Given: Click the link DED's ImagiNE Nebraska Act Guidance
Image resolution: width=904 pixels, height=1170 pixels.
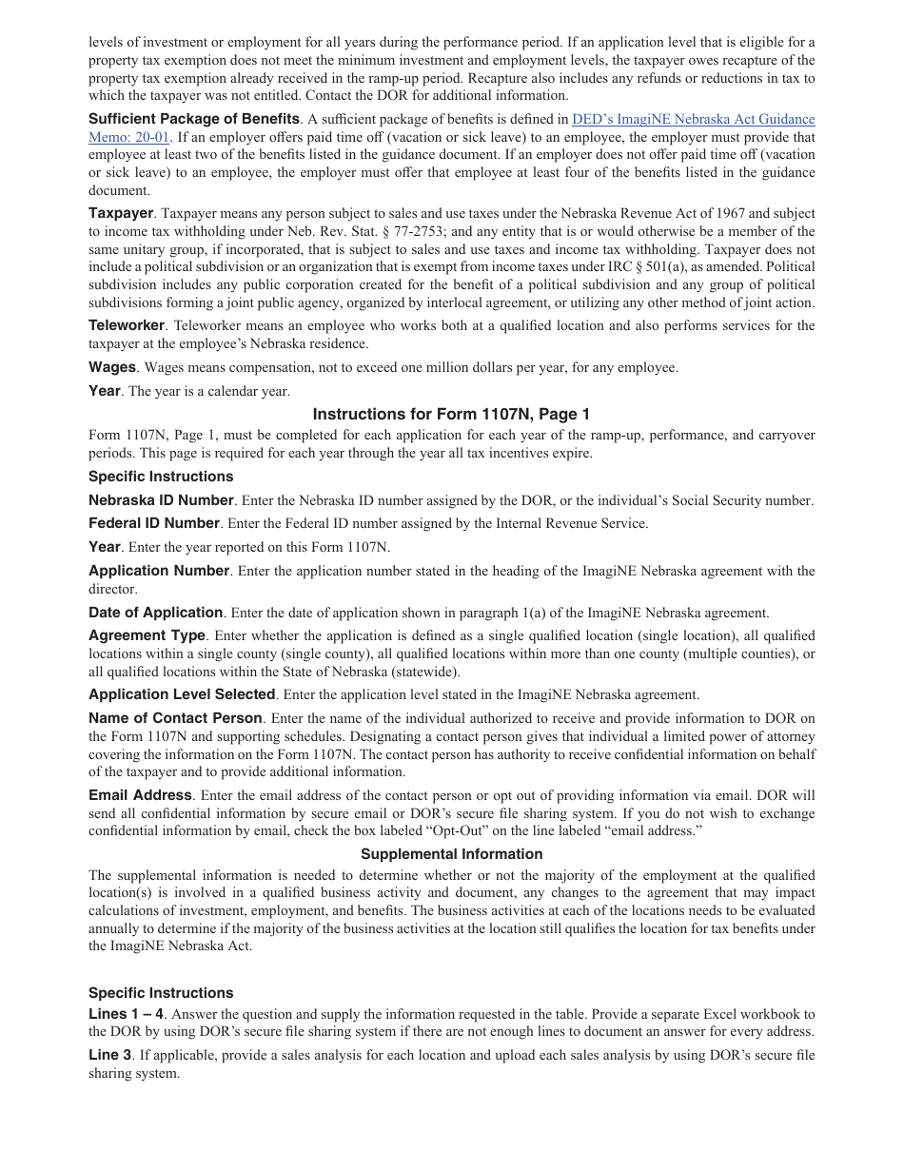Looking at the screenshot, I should pyautogui.click(x=693, y=120).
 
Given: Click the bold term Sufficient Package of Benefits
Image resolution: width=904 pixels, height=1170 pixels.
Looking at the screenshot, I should pyautogui.click(x=194, y=119).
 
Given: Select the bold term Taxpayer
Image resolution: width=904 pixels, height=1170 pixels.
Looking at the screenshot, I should pyautogui.click(x=121, y=213).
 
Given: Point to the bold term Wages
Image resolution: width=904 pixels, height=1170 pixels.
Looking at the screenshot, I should pyautogui.click(x=112, y=367).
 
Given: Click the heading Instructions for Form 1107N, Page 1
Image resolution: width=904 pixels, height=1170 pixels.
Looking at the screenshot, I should pyautogui.click(x=451, y=414).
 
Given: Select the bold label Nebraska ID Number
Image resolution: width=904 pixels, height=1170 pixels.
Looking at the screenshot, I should pyautogui.click(x=161, y=500).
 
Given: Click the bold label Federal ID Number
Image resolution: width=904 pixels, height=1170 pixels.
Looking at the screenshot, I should pyautogui.click(x=154, y=523).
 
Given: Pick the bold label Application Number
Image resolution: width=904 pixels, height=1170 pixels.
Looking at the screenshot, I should pyautogui.click(x=159, y=571).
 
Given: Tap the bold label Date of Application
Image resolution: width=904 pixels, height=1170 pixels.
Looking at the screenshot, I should pyautogui.click(x=156, y=613).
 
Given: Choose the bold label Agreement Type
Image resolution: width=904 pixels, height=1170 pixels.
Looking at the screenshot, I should pyautogui.click(x=147, y=635).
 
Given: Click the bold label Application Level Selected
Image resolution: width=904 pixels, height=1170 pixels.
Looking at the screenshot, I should pyautogui.click(x=182, y=694).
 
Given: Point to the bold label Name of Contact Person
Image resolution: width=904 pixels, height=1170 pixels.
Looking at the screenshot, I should pyautogui.click(x=175, y=718).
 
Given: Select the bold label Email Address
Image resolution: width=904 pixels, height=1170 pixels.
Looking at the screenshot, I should pyautogui.click(x=140, y=795).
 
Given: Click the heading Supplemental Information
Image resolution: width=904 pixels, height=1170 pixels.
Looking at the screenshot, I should pyautogui.click(x=451, y=854).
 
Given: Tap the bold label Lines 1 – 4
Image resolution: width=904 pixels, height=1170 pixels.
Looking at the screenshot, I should pyautogui.click(x=126, y=1014).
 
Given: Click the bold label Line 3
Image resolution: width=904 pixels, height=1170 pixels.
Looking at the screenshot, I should pyautogui.click(x=110, y=1055).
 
